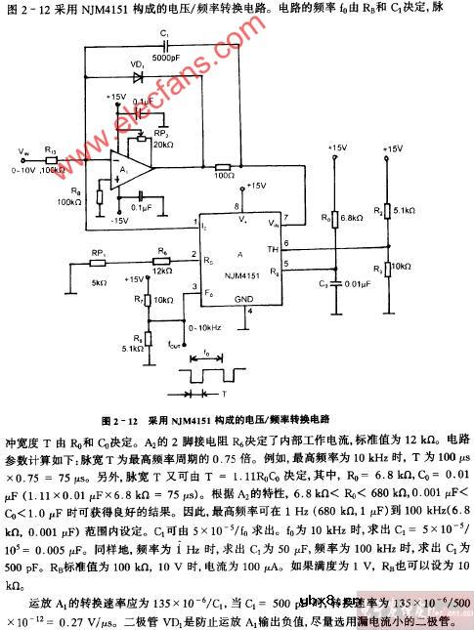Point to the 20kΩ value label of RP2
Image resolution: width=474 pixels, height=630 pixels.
point(150,144)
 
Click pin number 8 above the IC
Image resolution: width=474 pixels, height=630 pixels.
point(237,206)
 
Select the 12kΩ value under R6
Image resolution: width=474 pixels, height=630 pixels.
point(163,270)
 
